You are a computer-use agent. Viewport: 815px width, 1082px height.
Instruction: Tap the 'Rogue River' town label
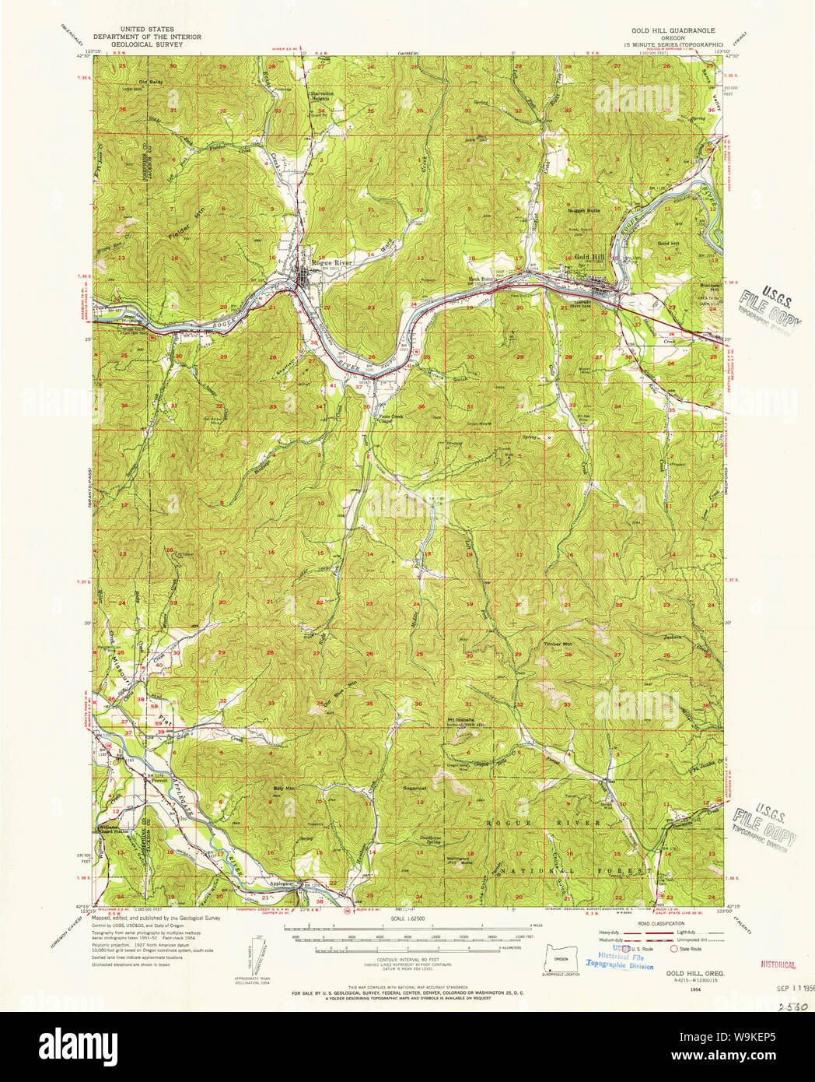coord(332,262)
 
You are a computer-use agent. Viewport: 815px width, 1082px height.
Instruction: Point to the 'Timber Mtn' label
coord(557,645)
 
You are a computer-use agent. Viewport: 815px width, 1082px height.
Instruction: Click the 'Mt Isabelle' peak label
coord(461,719)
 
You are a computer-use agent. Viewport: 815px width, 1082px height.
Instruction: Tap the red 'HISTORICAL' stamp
coord(778,964)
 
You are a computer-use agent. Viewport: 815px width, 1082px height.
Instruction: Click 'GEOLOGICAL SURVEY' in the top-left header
coord(147,44)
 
